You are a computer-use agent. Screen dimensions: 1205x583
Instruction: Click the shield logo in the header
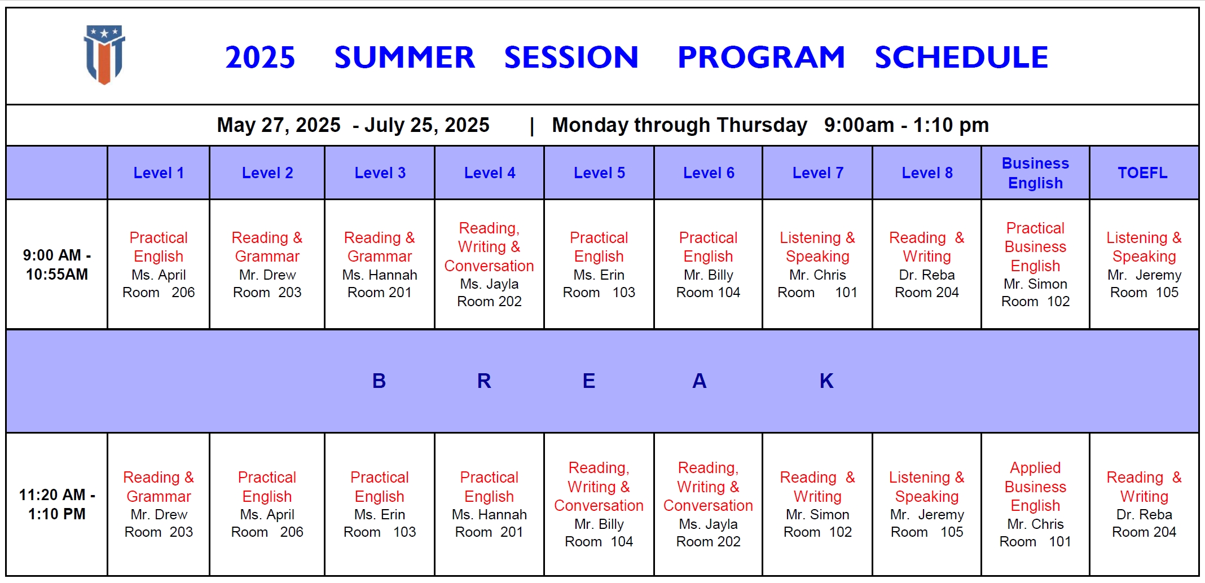click(104, 55)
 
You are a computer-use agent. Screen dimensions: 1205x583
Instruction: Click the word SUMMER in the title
click(404, 58)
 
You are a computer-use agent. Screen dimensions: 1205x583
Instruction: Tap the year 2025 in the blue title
click(260, 58)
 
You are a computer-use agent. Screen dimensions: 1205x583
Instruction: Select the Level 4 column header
click(490, 173)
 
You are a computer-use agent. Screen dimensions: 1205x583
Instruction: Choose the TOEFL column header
click(1143, 173)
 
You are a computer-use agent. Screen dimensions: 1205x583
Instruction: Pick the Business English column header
click(1035, 173)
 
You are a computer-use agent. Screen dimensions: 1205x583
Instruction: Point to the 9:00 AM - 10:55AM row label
click(57, 264)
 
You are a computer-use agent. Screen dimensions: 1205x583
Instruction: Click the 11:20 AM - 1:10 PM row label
click(57, 504)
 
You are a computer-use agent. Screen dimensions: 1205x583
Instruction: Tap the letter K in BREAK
click(826, 381)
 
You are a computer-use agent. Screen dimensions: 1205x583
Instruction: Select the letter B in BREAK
click(379, 381)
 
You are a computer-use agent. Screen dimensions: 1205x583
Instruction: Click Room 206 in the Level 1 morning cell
click(159, 292)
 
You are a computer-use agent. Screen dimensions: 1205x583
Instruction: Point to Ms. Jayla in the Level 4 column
click(489, 284)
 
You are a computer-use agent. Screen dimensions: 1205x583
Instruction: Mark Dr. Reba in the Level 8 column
click(927, 275)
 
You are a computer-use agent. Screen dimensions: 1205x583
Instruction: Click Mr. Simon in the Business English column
click(1035, 284)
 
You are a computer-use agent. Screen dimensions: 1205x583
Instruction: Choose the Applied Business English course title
click(1035, 487)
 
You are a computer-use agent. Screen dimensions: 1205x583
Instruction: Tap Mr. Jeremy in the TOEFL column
click(1144, 275)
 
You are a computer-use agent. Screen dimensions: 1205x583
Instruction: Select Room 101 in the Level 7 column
click(817, 292)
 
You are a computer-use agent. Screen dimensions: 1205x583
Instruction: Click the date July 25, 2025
click(427, 125)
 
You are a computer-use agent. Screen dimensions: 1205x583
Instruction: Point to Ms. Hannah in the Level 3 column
click(380, 275)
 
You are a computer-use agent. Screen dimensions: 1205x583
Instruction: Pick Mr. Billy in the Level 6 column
click(708, 275)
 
